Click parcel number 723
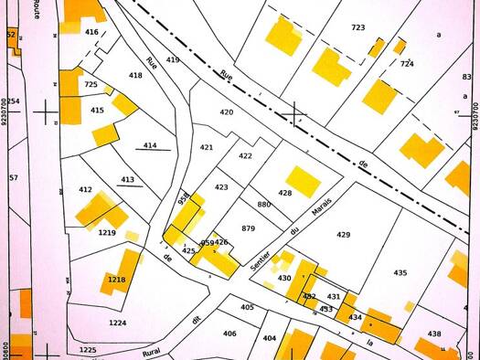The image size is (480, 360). pyautogui.click(x=357, y=27)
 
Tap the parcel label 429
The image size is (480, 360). pyautogui.click(x=343, y=235)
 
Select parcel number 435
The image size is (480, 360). pyautogui.click(x=400, y=273)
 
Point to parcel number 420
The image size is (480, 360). pyautogui.click(x=227, y=111)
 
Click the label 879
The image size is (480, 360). pyautogui.click(x=248, y=228)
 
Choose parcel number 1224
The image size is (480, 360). pyautogui.click(x=117, y=323)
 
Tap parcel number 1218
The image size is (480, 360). pyautogui.click(x=116, y=280)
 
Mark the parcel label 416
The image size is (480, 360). pyautogui.click(x=91, y=32)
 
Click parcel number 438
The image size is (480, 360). pyautogui.click(x=434, y=334)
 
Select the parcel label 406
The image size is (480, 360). pyautogui.click(x=229, y=334)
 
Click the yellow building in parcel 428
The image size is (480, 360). pyautogui.click(x=303, y=181)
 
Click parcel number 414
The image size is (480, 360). pyautogui.click(x=150, y=145)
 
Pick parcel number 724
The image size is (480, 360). pyautogui.click(x=407, y=64)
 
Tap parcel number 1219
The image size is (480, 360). pyautogui.click(x=107, y=233)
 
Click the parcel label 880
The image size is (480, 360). pyautogui.click(x=264, y=205)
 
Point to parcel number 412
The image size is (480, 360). pyautogui.click(x=85, y=190)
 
